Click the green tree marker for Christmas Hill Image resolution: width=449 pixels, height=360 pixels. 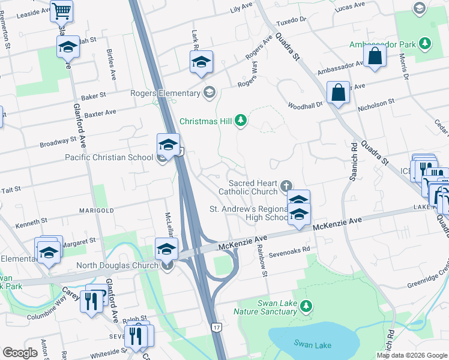(x=241, y=121)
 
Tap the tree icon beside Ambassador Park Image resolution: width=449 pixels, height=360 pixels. (x=425, y=44)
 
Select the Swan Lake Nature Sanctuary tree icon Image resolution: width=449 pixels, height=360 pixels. (x=306, y=307)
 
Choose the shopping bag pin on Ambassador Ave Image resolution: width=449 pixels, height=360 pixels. (x=375, y=57)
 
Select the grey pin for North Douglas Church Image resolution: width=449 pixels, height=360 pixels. (x=166, y=265)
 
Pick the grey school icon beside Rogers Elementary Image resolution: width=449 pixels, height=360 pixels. (x=209, y=92)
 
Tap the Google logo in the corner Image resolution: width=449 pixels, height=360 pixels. (x=20, y=353)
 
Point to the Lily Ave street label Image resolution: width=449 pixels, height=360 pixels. (x=241, y=8)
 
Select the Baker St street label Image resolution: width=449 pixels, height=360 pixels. (x=94, y=95)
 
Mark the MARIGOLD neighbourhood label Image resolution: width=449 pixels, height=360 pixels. (x=97, y=211)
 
